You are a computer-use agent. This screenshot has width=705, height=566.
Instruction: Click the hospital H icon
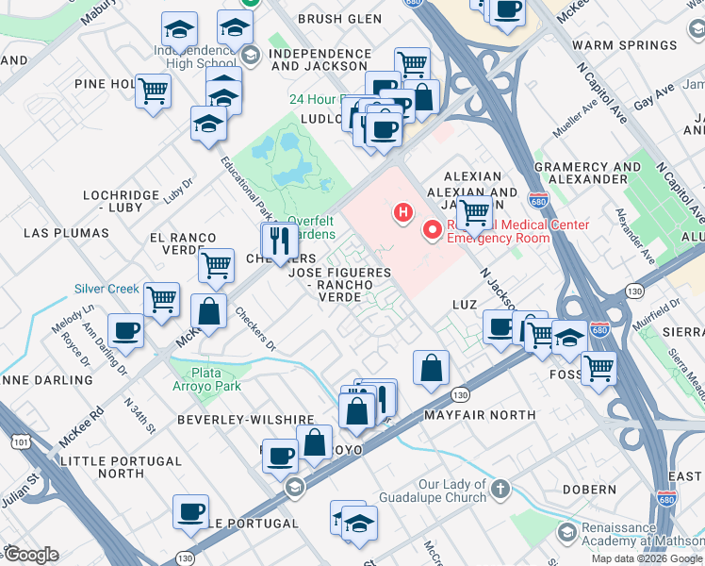pos(403,212)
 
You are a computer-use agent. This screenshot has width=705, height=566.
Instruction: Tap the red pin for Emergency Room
pos(434,229)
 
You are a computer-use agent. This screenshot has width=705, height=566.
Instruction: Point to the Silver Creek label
pos(107,289)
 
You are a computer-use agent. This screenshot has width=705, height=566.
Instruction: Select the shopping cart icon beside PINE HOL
pos(153,92)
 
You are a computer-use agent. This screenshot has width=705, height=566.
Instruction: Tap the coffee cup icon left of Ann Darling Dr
pos(125,331)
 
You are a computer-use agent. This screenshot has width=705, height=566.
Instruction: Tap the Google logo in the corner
pos(30,555)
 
